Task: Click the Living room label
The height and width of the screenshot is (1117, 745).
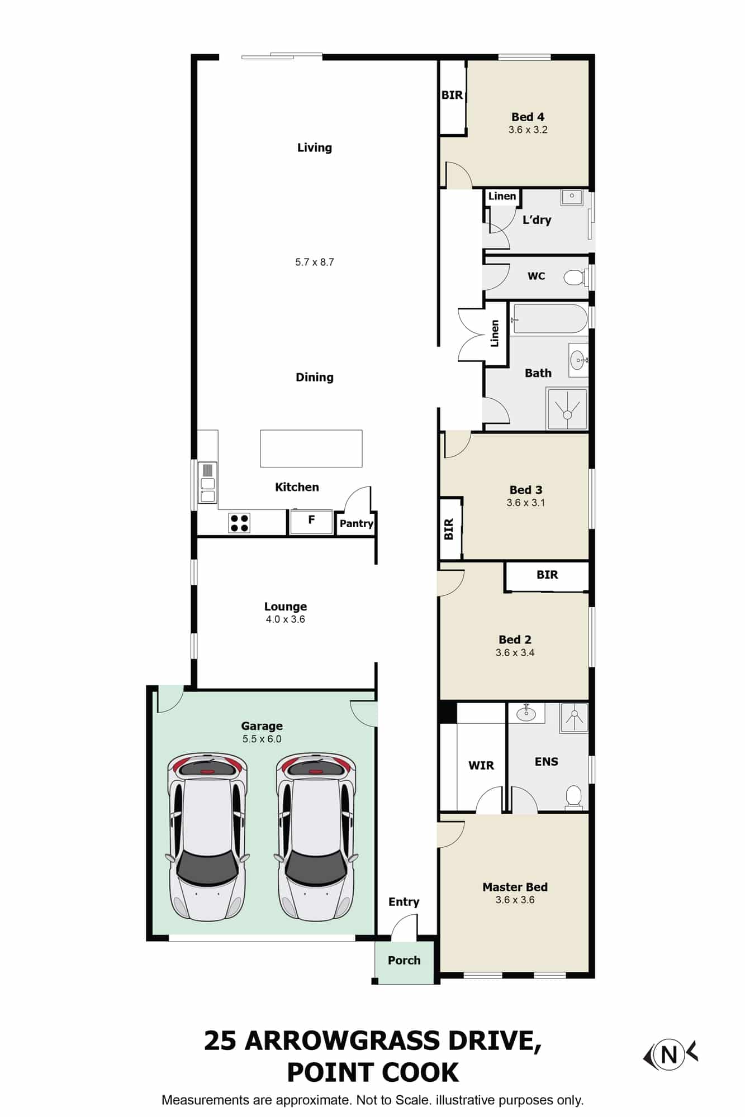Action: click(x=314, y=147)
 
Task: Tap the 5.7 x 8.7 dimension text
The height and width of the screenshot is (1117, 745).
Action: click(x=314, y=262)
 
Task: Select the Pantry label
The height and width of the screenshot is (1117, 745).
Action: click(x=356, y=523)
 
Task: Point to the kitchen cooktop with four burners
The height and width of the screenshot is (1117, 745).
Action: click(x=239, y=523)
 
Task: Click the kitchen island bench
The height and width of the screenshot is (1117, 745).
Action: click(x=311, y=448)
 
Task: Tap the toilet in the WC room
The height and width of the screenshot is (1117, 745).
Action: click(x=574, y=276)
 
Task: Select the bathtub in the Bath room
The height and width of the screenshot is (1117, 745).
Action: click(x=549, y=319)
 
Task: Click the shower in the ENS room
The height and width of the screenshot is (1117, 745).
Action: click(x=574, y=717)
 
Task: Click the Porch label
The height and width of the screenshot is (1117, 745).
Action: click(x=404, y=960)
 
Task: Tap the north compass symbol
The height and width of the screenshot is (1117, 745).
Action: click(x=670, y=1055)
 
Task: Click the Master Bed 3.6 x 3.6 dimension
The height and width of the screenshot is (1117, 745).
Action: click(x=515, y=900)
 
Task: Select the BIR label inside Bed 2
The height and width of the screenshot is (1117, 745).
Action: click(x=547, y=575)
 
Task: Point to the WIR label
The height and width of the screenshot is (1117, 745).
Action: click(x=481, y=765)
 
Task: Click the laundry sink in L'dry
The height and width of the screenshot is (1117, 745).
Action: click(x=572, y=197)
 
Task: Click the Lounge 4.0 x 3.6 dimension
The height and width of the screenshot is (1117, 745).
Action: click(x=285, y=619)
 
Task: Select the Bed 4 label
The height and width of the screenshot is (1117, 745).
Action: click(x=528, y=117)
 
